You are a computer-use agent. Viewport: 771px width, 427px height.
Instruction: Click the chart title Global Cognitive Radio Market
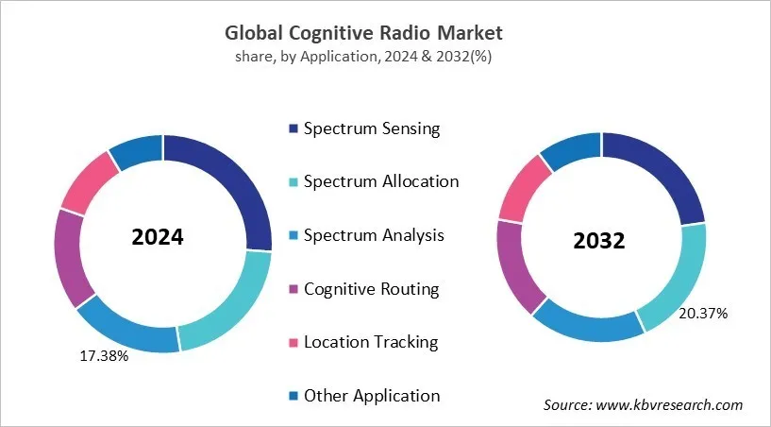point(363,32)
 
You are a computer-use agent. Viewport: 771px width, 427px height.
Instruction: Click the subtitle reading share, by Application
point(363,57)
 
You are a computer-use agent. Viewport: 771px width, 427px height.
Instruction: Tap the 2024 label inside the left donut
point(158,237)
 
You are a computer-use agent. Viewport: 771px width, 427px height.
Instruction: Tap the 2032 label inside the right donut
point(599,241)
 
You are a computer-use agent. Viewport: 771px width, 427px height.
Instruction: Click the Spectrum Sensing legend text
point(372,128)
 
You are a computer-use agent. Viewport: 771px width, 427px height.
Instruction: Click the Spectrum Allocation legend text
point(381,181)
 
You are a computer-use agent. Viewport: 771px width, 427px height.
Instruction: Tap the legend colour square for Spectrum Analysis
point(293,235)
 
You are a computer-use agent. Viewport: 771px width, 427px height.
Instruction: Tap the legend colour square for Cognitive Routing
point(293,289)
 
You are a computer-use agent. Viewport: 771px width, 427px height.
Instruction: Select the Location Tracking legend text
point(371,342)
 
